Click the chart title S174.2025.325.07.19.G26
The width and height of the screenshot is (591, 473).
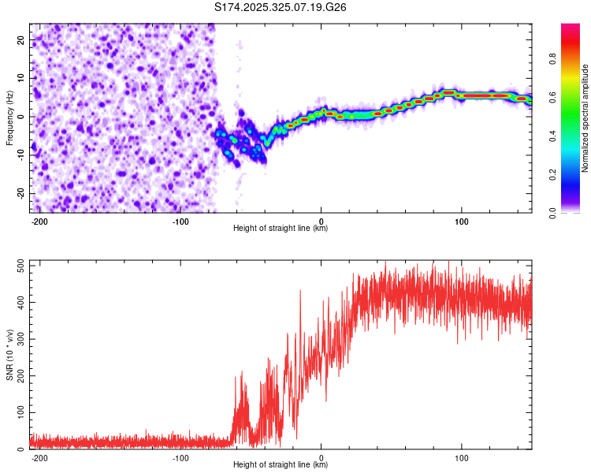(x=281, y=8)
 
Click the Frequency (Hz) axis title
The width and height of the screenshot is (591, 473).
(x=9, y=117)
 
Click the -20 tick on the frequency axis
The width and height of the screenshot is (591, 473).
(x=20, y=194)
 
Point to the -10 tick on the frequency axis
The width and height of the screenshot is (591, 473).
(x=20, y=155)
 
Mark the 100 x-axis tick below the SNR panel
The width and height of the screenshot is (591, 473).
(x=462, y=457)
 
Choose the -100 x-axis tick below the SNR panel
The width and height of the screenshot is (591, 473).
(x=180, y=457)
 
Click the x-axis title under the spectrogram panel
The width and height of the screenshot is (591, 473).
(x=281, y=229)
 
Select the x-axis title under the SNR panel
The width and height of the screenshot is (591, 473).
(x=281, y=465)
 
